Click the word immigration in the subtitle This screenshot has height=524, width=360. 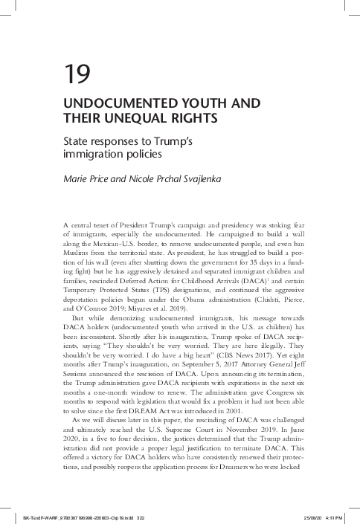pyautogui.click(x=93, y=155)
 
